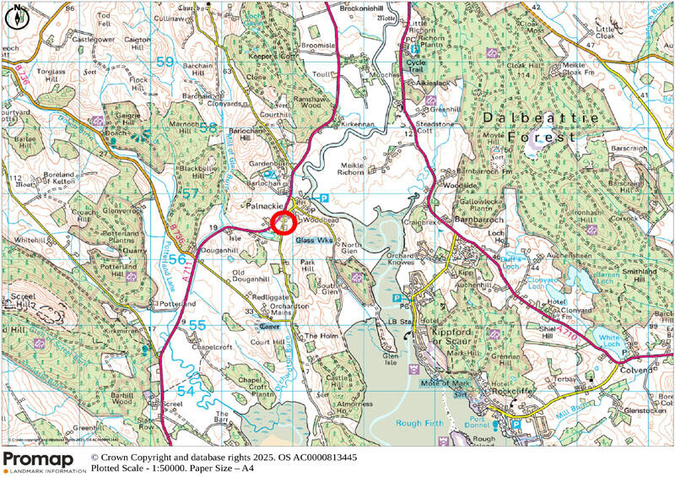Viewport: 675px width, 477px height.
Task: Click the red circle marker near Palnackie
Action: [x=283, y=222]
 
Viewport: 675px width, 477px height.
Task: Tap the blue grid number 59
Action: [x=165, y=62]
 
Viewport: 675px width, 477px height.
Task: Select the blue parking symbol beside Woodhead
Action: [x=324, y=198]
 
